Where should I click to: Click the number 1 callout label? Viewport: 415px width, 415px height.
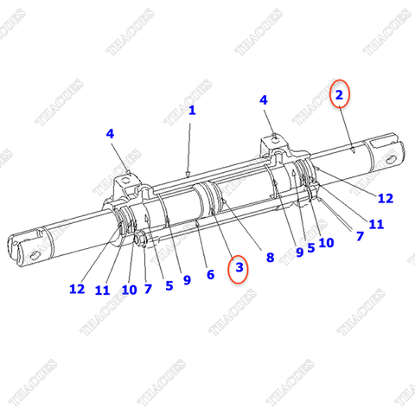pos(192,111)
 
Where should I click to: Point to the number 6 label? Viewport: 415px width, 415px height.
pos(208,275)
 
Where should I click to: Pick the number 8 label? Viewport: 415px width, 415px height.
pos(270,257)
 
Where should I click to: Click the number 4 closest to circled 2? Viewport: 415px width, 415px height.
pos(265,100)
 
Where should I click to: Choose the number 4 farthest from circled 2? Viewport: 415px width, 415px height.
pos(110,134)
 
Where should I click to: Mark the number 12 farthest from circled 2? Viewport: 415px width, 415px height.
pos(78,289)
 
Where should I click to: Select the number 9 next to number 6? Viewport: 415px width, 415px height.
pos(187,280)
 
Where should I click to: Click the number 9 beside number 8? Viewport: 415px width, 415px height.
pos(299,252)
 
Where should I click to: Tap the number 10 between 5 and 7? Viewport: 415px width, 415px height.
pos(325,243)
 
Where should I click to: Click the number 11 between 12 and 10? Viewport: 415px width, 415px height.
pos(103,290)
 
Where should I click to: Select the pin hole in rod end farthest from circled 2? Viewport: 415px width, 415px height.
pos(33,254)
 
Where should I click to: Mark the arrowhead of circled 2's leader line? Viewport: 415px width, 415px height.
pos(356,152)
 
